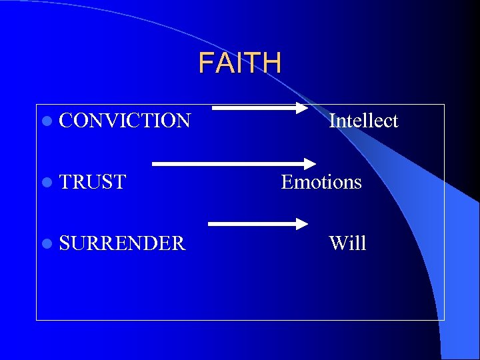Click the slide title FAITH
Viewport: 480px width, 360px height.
coord(240,63)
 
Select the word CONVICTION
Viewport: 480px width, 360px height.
coord(125,121)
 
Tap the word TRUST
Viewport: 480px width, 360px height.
coord(93,182)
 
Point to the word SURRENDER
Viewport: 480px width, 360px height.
coord(122,243)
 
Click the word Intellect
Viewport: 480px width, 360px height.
coord(363,121)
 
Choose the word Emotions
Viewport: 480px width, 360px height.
coord(321,182)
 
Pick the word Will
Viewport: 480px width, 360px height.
coord(347,243)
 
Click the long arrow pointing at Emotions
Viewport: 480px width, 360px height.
coord(233,162)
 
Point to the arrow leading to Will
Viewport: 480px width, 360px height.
coord(257,224)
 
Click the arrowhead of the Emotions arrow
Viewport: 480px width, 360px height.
coord(309,162)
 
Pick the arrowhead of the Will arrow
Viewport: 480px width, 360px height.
coord(300,224)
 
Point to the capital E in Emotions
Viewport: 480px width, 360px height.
coord(287,182)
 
